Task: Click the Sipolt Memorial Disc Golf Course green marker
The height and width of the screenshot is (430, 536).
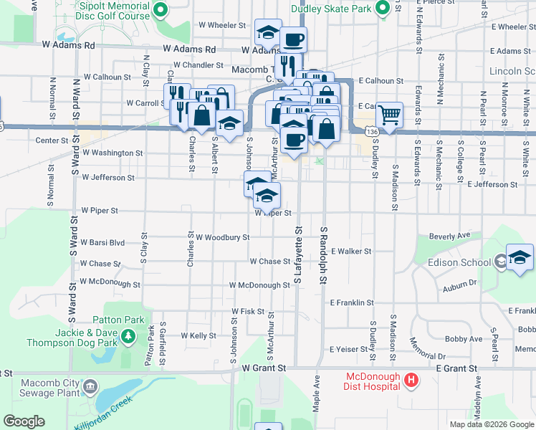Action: pos(161,10)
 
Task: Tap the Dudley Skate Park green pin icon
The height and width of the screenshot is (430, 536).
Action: pos(383,9)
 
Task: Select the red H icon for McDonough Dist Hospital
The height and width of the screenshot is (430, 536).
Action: pos(411,381)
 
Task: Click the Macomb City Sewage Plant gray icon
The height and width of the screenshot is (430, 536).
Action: pos(90,388)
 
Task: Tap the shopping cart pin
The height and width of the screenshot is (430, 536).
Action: pos(388,114)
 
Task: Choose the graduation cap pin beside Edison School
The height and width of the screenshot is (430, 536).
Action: pos(520,258)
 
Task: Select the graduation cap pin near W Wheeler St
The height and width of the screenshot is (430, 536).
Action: pos(268,32)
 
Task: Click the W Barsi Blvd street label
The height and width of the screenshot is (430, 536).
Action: pos(102,243)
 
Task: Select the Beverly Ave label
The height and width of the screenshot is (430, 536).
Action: pos(449,235)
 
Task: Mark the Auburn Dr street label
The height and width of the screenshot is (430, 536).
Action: pos(459,284)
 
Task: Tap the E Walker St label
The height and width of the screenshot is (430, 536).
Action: pos(350,252)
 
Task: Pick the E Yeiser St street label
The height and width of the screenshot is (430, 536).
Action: pos(350,350)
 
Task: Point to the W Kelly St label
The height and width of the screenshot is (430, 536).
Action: pos(198,335)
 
